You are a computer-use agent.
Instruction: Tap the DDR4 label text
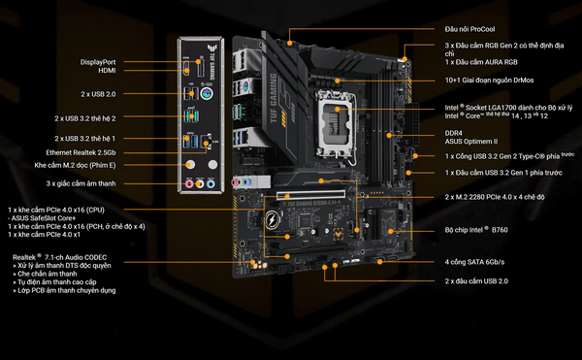[x=454, y=132]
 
